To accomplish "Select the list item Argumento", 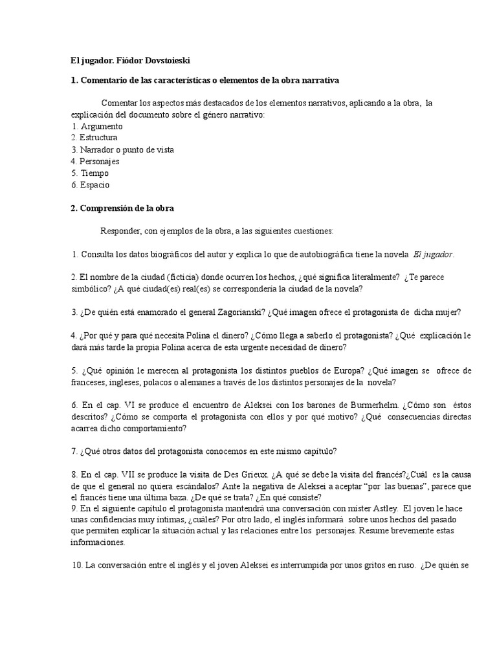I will pos(100,126).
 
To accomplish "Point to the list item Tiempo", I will pos(94,173).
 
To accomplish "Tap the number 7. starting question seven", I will pos(74,451).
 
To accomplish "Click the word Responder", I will pos(122,231).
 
